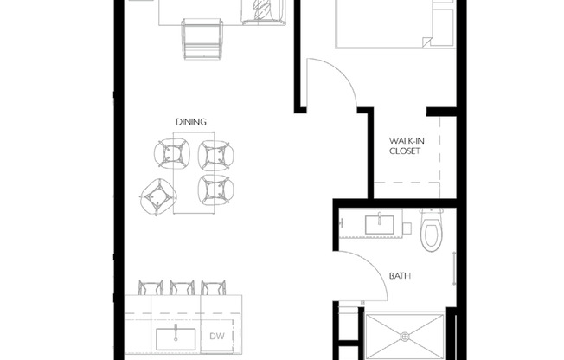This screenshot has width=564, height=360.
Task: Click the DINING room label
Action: (192, 122)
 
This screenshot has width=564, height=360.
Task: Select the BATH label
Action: (399, 276)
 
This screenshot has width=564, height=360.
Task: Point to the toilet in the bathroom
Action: (432, 228)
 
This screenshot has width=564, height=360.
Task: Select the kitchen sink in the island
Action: (175, 336)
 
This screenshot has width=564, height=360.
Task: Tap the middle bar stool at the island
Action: (182, 288)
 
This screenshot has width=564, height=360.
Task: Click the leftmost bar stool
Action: (151, 288)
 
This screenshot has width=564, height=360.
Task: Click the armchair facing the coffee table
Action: (201, 38)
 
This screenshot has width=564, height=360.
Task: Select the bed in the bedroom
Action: (381, 22)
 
